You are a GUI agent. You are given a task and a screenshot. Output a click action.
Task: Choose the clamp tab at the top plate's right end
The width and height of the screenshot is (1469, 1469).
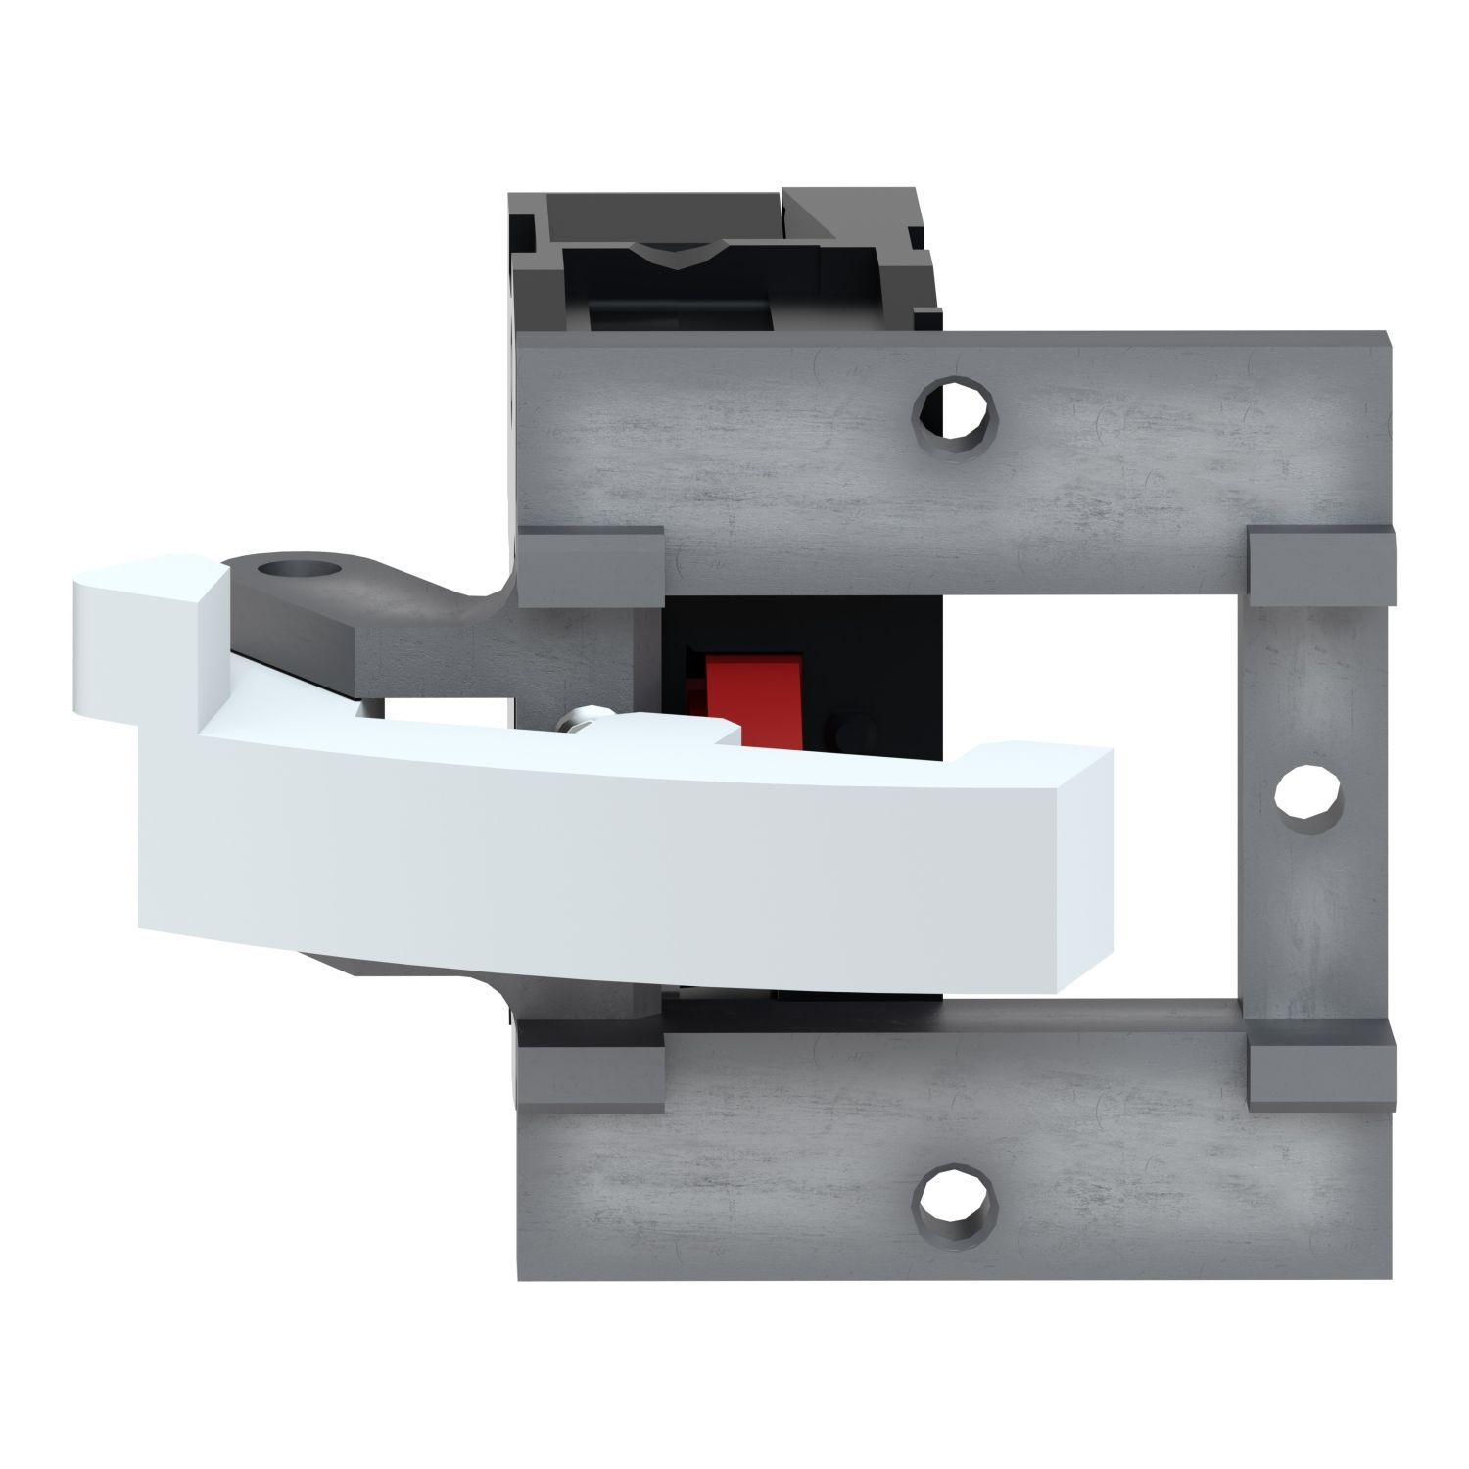pyautogui.click(x=1320, y=566)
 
